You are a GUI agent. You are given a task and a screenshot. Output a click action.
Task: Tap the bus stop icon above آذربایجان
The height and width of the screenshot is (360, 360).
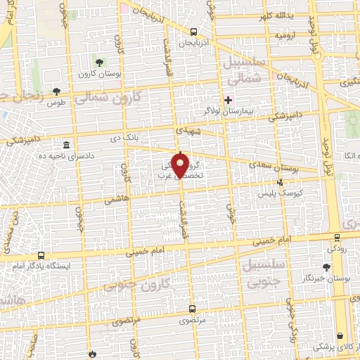(x=193, y=32)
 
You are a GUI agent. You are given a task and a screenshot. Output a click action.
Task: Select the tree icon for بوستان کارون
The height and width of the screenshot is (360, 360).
(x=99, y=63)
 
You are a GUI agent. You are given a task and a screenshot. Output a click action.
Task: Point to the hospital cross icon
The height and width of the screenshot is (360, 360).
(x=228, y=100)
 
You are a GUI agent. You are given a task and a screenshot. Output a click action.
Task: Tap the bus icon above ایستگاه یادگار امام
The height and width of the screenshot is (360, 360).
(x=41, y=256)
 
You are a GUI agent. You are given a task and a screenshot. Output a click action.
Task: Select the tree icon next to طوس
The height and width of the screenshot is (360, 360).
(x=56, y=91)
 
